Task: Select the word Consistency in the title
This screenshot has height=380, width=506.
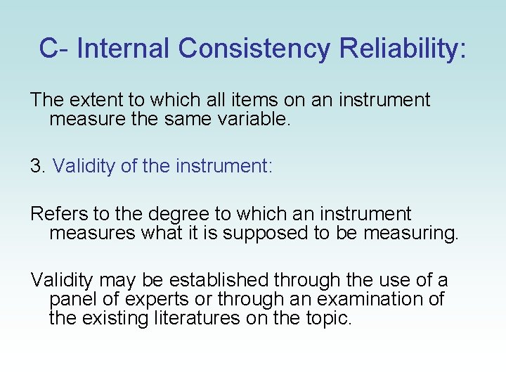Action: tap(254, 49)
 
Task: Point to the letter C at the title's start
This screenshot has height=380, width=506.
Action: tap(48, 49)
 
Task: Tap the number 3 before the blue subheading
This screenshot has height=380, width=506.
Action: tap(36, 166)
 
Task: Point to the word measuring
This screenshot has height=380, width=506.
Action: tap(410, 233)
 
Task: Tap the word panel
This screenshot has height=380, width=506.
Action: tap(73, 299)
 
